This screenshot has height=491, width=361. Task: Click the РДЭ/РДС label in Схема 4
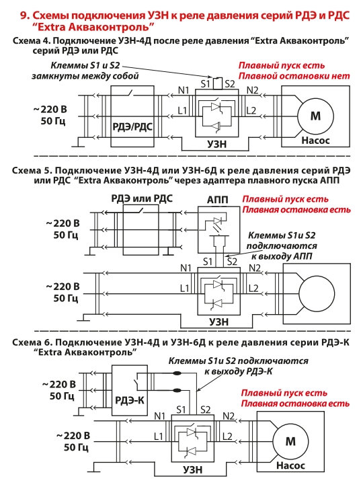click(x=132, y=127)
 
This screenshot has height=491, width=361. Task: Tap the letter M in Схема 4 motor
click(x=315, y=116)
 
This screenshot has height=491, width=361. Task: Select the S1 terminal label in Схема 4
click(x=206, y=84)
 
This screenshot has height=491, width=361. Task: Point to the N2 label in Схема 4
click(x=252, y=91)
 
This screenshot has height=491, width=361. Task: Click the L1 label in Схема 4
click(x=182, y=110)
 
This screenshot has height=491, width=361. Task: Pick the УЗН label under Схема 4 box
click(x=216, y=144)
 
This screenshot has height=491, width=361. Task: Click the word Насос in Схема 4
click(x=315, y=141)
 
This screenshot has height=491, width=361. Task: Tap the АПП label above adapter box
click(x=218, y=200)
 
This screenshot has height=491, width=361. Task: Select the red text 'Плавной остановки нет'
click(x=294, y=76)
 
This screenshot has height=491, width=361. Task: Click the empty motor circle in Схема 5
click(x=317, y=294)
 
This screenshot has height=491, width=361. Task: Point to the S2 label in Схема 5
click(x=232, y=262)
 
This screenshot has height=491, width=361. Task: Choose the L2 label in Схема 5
click(x=253, y=288)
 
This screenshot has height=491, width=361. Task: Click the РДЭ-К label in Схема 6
click(x=130, y=400)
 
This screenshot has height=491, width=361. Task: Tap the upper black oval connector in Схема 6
click(x=177, y=373)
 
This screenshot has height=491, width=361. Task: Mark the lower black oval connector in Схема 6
click(x=177, y=390)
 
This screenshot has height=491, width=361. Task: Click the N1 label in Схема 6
click(x=160, y=416)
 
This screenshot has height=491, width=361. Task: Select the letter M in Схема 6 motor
click(x=290, y=441)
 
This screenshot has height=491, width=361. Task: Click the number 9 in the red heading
click(x=24, y=15)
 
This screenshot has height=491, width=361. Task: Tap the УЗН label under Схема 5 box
click(x=219, y=322)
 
